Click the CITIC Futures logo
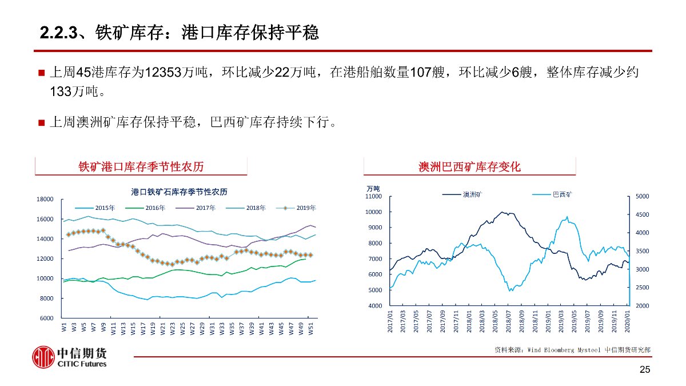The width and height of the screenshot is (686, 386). tap(69, 357)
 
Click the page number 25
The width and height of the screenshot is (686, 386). tap(645, 371)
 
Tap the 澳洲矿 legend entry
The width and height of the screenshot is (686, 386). tap(462, 194)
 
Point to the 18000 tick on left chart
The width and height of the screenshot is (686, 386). tap(45, 199)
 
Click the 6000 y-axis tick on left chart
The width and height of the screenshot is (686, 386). tap(46, 319)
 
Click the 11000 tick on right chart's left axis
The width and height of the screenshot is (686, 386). tap(373, 196)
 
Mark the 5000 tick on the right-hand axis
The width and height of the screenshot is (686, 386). tap(641, 196)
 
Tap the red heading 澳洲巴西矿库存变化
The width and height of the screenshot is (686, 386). tap(469, 166)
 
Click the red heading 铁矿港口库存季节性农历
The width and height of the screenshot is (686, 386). tap(141, 166)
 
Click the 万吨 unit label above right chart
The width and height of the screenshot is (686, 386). tap(373, 188)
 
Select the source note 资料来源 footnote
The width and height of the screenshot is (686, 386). tap(572, 349)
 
